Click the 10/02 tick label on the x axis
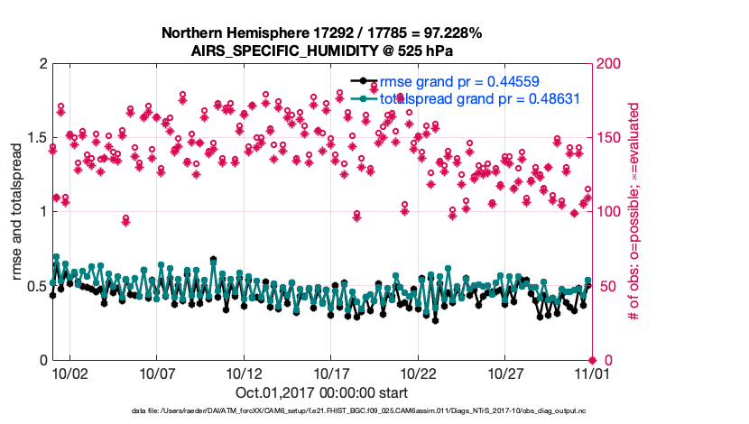click(x=69, y=373)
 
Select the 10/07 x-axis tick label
click(x=157, y=373)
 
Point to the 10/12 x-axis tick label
click(x=244, y=373)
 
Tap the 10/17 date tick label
click(x=331, y=373)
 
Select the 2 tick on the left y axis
click(x=42, y=64)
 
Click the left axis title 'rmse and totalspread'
click(x=17, y=212)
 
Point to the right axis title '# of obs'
click(x=633, y=212)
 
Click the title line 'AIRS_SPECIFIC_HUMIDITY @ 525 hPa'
click(x=322, y=51)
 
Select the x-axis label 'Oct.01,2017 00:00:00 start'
click(x=322, y=392)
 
